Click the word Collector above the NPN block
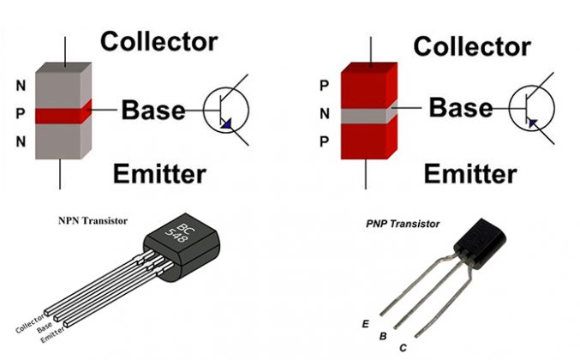click(x=158, y=41)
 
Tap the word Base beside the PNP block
click(x=461, y=108)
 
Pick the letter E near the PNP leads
click(x=366, y=323)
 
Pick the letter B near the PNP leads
click(x=383, y=337)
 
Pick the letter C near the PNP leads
click(x=403, y=348)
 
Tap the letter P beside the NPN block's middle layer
click(x=19, y=113)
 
